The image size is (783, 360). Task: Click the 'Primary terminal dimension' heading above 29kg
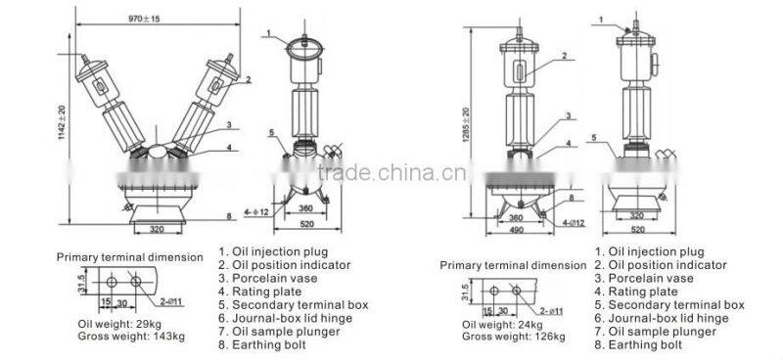pyautogui.click(x=129, y=257)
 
